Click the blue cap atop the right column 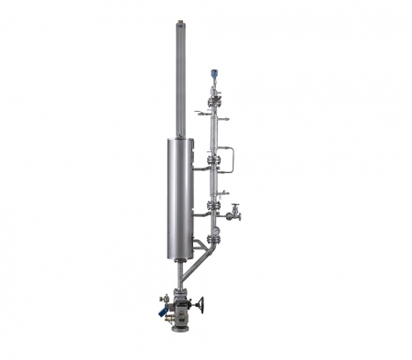pos(214,73)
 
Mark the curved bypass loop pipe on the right pos(232,158)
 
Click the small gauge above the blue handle pos(165,300)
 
